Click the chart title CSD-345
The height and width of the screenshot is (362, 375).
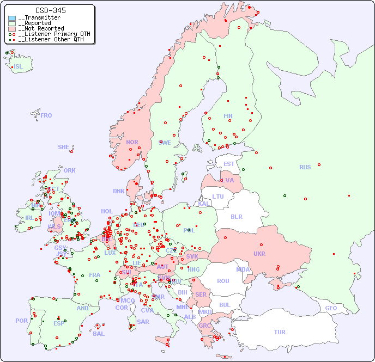click(50, 10)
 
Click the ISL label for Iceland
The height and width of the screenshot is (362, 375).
click(19, 67)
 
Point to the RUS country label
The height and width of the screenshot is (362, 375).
click(305, 167)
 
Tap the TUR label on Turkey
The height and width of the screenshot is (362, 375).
click(280, 332)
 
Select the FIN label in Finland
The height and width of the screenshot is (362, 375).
click(228, 116)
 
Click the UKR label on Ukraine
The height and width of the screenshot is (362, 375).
click(259, 254)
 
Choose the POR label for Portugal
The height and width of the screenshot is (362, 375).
click(21, 321)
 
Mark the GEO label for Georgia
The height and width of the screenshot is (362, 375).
click(331, 308)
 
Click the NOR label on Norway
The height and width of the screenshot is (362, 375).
click(132, 142)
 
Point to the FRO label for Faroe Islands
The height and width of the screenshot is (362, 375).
click(46, 115)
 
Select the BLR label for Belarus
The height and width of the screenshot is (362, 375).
click(237, 216)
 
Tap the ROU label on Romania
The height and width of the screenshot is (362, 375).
click(223, 281)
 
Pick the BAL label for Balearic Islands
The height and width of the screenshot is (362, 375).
click(99, 334)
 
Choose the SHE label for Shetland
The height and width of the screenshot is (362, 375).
click(64, 147)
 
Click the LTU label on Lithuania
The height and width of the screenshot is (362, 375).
click(218, 197)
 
